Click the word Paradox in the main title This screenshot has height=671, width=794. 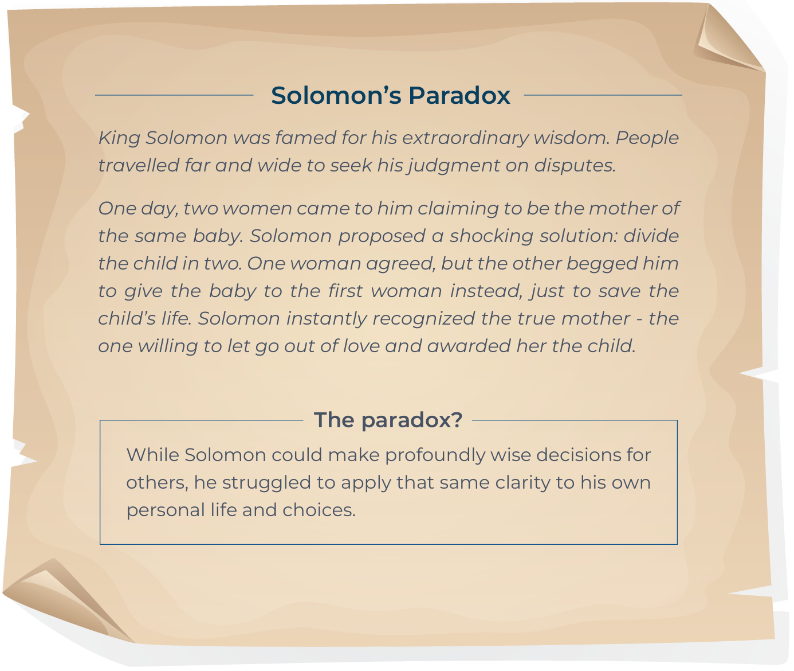point(459,95)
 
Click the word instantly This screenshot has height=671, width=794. point(327,319)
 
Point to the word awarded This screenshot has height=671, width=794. point(469,346)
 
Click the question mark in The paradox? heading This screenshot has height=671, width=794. point(457,420)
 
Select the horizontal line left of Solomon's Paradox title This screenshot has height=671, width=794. point(174,95)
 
